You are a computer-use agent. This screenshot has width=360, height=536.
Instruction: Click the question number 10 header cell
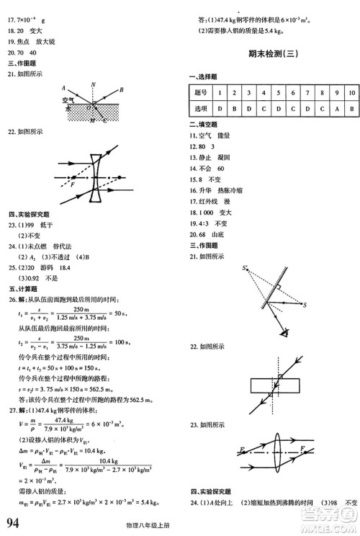[x=351, y=93]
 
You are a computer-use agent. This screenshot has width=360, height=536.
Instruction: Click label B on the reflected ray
[x=122, y=89]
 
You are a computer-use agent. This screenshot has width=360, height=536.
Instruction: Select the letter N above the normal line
[x=94, y=84]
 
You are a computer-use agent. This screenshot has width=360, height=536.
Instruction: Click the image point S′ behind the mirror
[x=246, y=270]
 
